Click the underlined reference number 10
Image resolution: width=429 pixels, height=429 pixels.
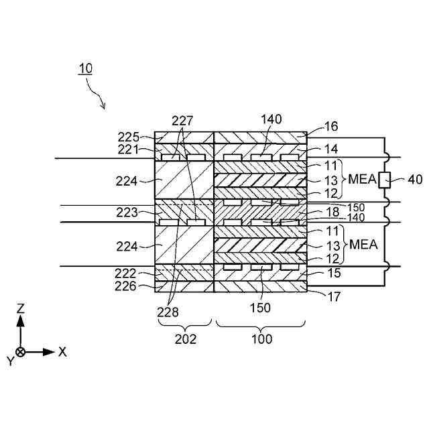[x=85, y=68]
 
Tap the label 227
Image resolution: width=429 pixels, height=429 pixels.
[x=182, y=121]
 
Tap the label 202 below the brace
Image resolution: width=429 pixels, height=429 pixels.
[x=185, y=339]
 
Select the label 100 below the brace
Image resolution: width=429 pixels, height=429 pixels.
[x=261, y=339]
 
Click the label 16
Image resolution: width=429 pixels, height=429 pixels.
[x=331, y=126]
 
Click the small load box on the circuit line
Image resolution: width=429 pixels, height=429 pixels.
[x=385, y=179]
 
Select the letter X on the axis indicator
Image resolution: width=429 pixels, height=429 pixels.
[x=62, y=351]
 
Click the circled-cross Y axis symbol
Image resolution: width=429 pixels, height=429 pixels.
[x=21, y=352]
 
